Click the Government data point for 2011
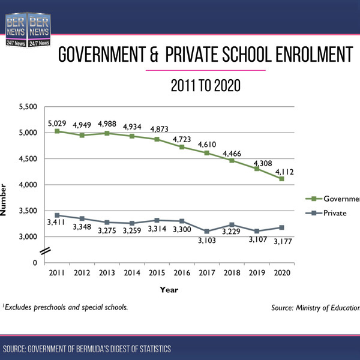(x=56, y=131)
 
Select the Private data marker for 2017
(x=206, y=231)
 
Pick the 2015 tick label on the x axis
(x=156, y=273)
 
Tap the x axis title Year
(x=169, y=289)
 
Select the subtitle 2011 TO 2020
(x=206, y=86)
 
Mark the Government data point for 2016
(x=181, y=146)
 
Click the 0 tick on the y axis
(x=35, y=263)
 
